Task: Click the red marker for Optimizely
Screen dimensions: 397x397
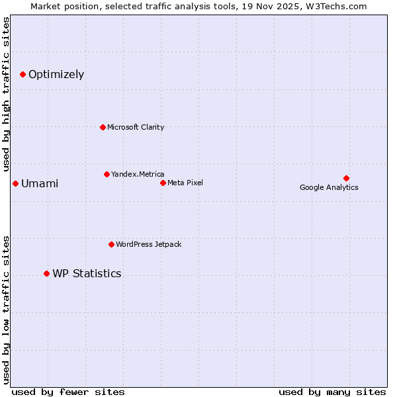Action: [x=22, y=74]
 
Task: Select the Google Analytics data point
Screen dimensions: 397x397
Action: [x=346, y=178]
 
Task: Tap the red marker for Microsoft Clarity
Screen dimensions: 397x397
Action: [x=103, y=127]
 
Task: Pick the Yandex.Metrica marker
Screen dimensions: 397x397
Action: [x=107, y=174]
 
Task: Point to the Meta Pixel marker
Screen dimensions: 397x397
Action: [x=163, y=183]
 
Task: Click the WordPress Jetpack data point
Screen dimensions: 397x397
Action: [x=111, y=244]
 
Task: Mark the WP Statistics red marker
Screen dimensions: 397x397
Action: [x=46, y=273]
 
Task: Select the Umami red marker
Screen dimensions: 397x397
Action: [x=15, y=183]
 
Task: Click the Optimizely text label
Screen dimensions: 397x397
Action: [x=56, y=74]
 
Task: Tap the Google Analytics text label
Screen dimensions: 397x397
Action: [x=329, y=187]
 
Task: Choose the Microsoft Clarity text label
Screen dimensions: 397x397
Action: [x=136, y=127]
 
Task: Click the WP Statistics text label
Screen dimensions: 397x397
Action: [x=87, y=273]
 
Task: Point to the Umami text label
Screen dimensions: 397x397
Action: [x=40, y=183]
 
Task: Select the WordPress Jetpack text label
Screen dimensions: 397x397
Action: [x=148, y=244]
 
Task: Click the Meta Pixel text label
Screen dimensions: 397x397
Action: [x=185, y=183]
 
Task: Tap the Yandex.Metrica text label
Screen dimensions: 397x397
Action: [x=138, y=174]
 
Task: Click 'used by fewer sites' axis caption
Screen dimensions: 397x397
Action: [x=68, y=392]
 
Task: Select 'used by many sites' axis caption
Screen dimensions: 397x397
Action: [x=332, y=392]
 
